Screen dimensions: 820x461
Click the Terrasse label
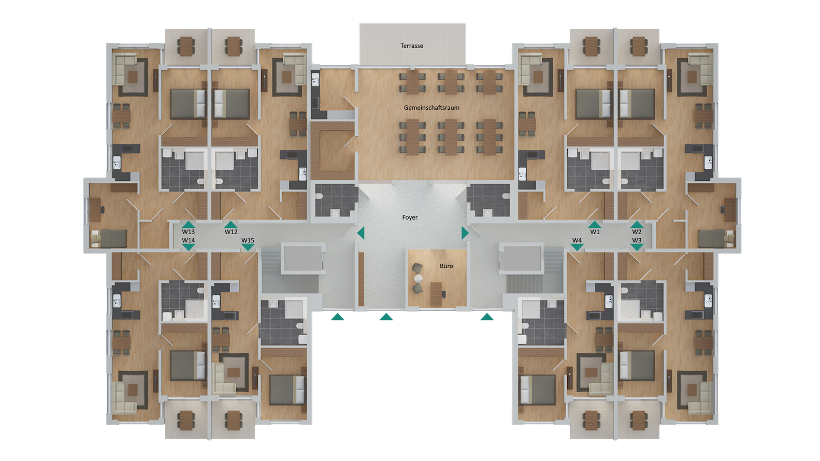tap(411, 46)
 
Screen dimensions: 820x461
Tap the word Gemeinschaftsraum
tap(431, 108)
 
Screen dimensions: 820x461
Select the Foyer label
tap(410, 218)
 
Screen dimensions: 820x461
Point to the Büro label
tap(446, 266)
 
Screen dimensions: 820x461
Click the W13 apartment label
tap(188, 232)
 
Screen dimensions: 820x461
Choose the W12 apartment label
tap(231, 232)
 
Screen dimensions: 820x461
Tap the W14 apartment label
tap(188, 240)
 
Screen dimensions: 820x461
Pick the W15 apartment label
tap(248, 240)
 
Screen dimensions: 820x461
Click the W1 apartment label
tap(595, 232)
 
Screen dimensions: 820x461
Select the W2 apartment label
tap(637, 232)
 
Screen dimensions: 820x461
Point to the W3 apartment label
tap(637, 240)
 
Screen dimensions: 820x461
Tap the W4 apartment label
tap(577, 240)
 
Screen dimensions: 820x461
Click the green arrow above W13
tap(189, 225)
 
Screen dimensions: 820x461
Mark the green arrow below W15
tap(248, 248)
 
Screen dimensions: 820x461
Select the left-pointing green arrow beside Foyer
tap(361, 233)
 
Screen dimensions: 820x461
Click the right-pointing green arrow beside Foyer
tap(465, 233)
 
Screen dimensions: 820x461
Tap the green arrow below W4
tap(577, 248)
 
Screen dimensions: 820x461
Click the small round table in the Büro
tap(418, 279)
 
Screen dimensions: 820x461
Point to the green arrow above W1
tap(595, 225)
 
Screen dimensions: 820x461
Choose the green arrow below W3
tap(637, 248)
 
